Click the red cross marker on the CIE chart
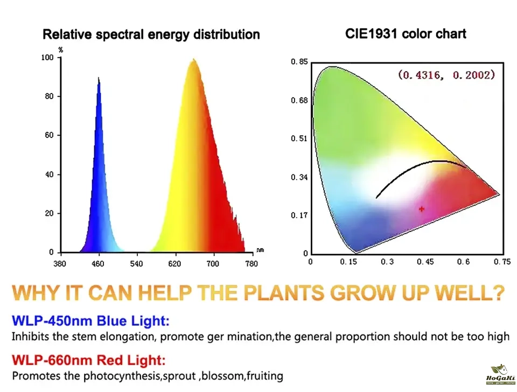coord(422,209)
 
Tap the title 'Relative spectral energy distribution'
coord(151,34)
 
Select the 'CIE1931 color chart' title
coord(406,33)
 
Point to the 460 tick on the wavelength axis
coord(97,263)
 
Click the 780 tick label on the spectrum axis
coord(251,263)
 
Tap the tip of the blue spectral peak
coord(99,78)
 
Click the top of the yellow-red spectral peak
coord(193,59)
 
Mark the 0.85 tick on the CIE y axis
coord(299,62)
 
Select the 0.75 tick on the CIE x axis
coord(502,262)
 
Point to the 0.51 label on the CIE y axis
coord(299,139)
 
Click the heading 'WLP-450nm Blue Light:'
coord(90,321)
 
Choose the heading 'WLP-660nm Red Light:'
coord(89,360)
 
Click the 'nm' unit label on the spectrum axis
coord(260,250)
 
